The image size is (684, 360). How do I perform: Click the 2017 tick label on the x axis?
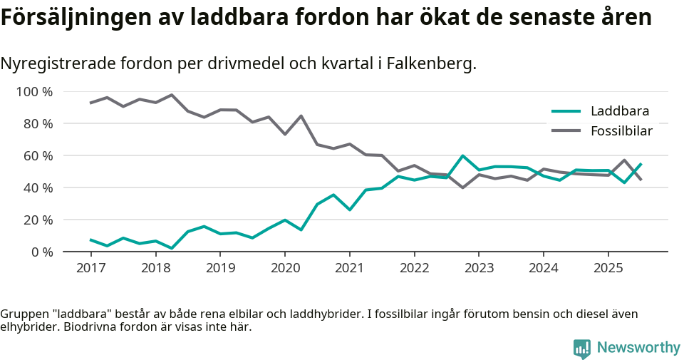pyautogui.click(x=90, y=268)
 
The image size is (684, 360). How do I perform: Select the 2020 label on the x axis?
pyautogui.click(x=284, y=268)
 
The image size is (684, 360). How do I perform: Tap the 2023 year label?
pyautogui.click(x=478, y=268)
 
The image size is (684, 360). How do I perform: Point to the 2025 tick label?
pyautogui.click(x=608, y=268)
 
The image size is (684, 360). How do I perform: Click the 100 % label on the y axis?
pyautogui.click(x=34, y=92)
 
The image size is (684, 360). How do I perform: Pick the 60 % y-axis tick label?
pyautogui.click(x=37, y=156)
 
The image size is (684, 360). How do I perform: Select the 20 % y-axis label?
pyautogui.click(x=37, y=220)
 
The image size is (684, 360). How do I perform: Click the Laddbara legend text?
pyautogui.click(x=619, y=110)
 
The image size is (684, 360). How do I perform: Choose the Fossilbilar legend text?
pyautogui.click(x=621, y=130)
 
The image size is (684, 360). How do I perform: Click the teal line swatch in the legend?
pyautogui.click(x=566, y=110)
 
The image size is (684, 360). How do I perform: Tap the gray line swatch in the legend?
pyautogui.click(x=566, y=130)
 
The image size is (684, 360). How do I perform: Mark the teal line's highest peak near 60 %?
pyautogui.click(x=462, y=156)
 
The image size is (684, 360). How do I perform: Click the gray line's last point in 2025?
pyautogui.click(x=641, y=180)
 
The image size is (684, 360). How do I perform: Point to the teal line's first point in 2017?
pyautogui.click(x=90, y=240)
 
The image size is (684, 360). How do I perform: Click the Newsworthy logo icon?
pyautogui.click(x=581, y=349)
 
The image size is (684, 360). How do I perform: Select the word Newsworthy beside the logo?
pyautogui.click(x=638, y=348)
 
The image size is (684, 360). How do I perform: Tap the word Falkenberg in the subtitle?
pyautogui.click(x=432, y=64)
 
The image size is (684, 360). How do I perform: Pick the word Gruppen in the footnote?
pyautogui.click(x=22, y=314)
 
